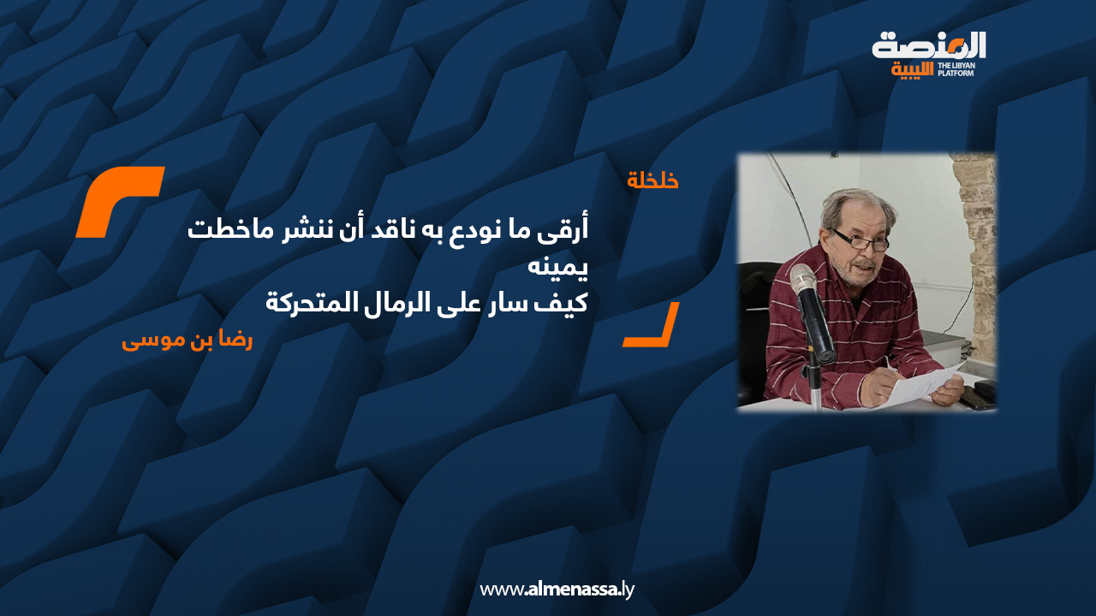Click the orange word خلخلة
click(652, 181)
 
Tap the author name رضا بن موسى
click(187, 341)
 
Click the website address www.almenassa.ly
click(557, 589)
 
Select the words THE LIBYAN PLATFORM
click(956, 69)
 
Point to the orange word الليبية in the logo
click(912, 70)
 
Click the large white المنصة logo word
click(929, 45)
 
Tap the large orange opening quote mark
click(121, 202)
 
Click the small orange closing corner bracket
click(652, 324)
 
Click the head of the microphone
click(803, 279)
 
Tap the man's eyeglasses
click(861, 240)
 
